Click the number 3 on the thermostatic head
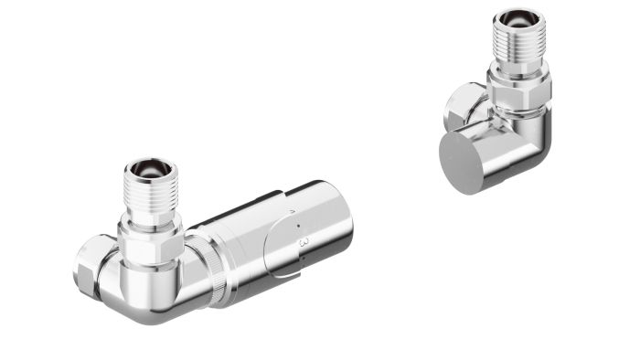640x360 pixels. point(304,242)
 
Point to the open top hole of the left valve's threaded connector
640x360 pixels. point(146,169)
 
